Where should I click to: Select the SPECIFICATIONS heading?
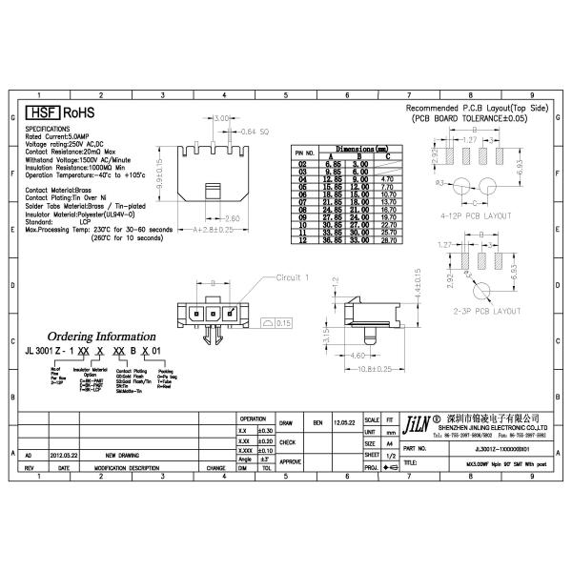tap(46, 128)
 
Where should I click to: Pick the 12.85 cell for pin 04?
tap(332, 178)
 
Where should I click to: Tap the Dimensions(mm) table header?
tap(359, 149)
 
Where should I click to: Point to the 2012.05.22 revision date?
tap(65, 456)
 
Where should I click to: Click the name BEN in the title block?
tap(318, 420)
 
